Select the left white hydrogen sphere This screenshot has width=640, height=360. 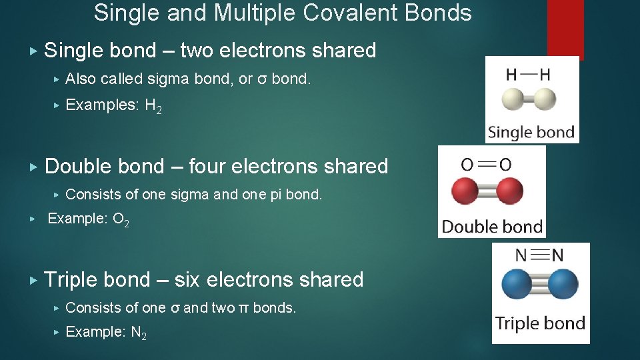click(515, 100)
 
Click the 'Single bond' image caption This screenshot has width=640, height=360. click(531, 132)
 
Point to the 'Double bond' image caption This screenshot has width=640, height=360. click(492, 227)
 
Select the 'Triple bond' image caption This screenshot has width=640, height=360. click(540, 324)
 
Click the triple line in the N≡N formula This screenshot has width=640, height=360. click(541, 255)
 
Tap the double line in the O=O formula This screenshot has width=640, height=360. click(487, 164)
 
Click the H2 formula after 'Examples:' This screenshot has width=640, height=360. click(153, 106)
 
